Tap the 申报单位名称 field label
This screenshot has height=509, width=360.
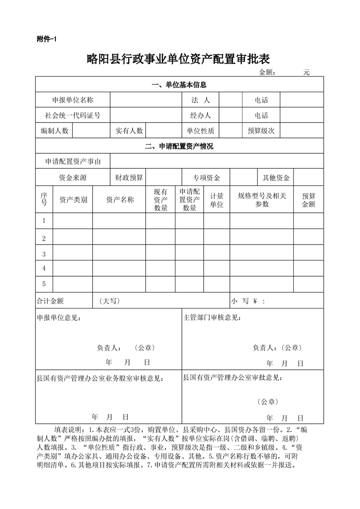click(x=73, y=100)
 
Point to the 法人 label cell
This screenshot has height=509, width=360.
click(x=201, y=100)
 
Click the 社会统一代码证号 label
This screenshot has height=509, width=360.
click(x=73, y=116)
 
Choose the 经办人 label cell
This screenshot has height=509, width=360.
click(x=201, y=116)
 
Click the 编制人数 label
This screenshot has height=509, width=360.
click(x=54, y=131)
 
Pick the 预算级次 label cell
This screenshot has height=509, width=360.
click(x=261, y=131)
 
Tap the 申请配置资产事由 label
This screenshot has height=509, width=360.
click(x=73, y=162)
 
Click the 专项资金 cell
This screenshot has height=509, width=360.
click(x=207, y=178)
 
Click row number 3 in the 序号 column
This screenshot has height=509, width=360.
click(x=44, y=254)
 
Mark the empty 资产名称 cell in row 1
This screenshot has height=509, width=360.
click(x=119, y=221)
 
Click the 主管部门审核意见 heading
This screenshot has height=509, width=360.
click(x=212, y=318)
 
